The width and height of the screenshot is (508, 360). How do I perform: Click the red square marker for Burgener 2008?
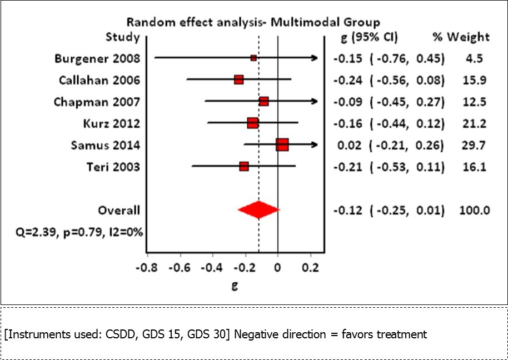pyautogui.click(x=253, y=58)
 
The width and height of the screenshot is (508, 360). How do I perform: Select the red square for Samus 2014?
pyautogui.click(x=282, y=145)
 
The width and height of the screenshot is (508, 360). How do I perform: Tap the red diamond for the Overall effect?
pyautogui.click(x=258, y=210)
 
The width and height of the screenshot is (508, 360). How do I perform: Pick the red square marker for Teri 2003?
pyautogui.click(x=243, y=167)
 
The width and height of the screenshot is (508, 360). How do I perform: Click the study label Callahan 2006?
pyautogui.click(x=99, y=80)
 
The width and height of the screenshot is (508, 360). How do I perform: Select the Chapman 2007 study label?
pyautogui.click(x=97, y=102)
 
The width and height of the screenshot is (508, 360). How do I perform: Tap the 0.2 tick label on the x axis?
pyautogui.click(x=310, y=267)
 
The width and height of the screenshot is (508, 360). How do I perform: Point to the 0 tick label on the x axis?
pyautogui.click(x=277, y=267)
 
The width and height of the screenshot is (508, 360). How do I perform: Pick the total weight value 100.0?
pyautogui.click(x=475, y=210)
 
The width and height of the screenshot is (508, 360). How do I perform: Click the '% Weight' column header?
pyautogui.click(x=461, y=37)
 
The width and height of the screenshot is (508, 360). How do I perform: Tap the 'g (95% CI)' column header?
pyautogui.click(x=368, y=37)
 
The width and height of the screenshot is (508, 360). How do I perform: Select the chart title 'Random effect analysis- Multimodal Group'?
pyautogui.click(x=253, y=22)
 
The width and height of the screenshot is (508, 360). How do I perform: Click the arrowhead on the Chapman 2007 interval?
pyautogui.click(x=316, y=102)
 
